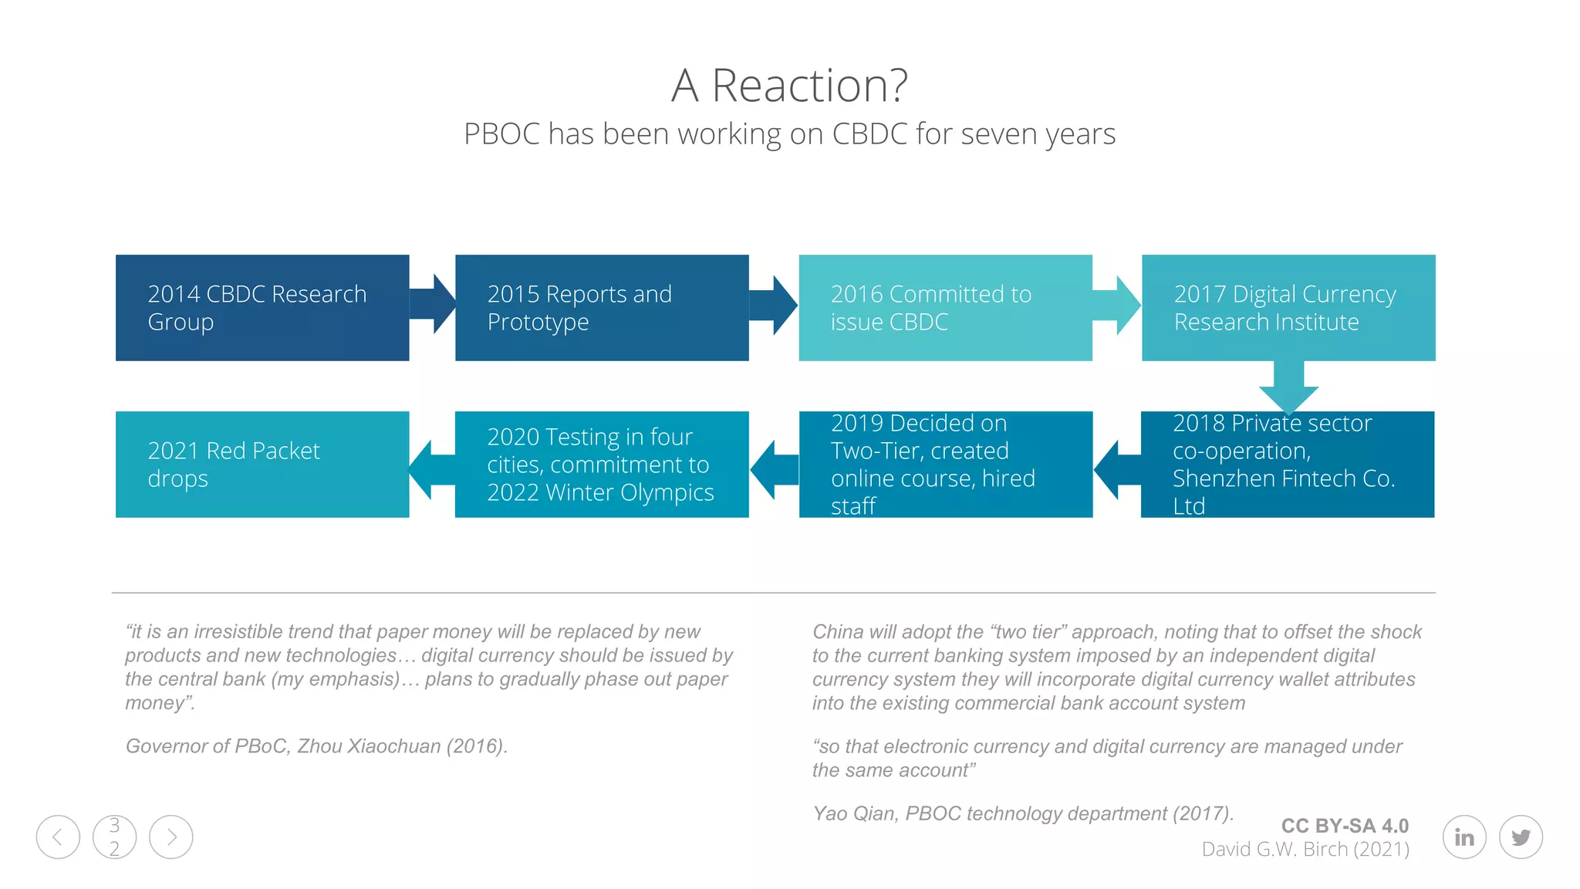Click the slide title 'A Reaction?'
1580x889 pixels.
click(789, 85)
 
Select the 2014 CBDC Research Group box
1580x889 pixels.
click(262, 308)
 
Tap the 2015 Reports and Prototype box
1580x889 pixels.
click(602, 308)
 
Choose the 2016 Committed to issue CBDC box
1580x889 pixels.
click(945, 308)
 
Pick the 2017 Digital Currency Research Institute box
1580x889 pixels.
click(1288, 308)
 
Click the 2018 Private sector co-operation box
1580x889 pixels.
click(1287, 465)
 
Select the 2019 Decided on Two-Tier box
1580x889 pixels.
click(945, 465)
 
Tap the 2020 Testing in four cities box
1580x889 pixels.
click(602, 465)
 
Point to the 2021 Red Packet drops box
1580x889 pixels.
click(262, 465)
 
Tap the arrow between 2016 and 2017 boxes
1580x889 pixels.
click(1116, 306)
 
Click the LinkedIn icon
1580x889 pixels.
click(1464, 837)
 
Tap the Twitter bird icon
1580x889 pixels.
click(1521, 837)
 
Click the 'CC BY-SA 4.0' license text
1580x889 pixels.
click(1345, 826)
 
